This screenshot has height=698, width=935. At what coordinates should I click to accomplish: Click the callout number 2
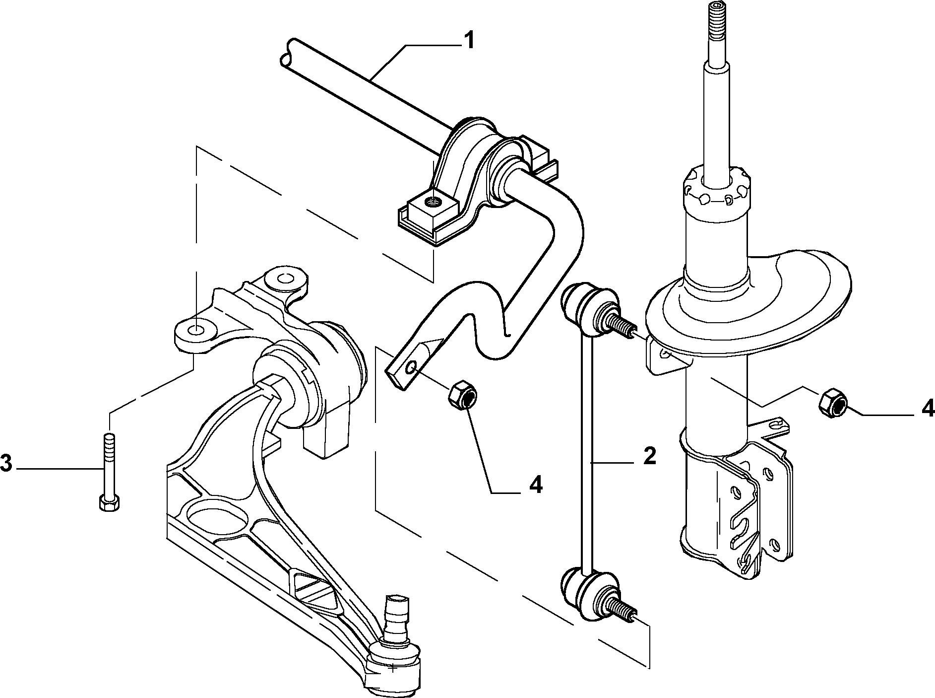(649, 456)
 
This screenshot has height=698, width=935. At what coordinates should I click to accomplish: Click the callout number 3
(5, 464)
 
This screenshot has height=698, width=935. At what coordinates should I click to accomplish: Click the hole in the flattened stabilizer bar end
(412, 368)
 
